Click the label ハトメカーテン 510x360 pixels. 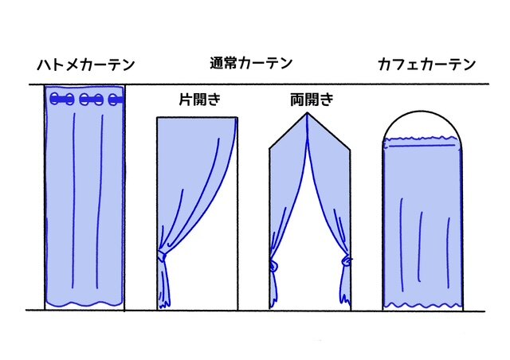pyautogui.click(x=86, y=65)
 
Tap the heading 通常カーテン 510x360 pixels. pyautogui.click(x=251, y=63)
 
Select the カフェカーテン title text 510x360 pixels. pyautogui.click(x=427, y=65)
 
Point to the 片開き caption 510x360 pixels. pyautogui.click(x=200, y=100)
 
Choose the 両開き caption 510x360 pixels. pyautogui.click(x=312, y=100)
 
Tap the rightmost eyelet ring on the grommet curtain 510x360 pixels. pyautogui.click(x=113, y=100)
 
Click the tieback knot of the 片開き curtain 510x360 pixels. pyautogui.click(x=161, y=256)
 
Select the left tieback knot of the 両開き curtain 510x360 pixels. pyautogui.click(x=273, y=266)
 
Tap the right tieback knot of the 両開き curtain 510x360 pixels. pyautogui.click(x=346, y=260)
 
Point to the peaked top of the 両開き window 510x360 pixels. pyautogui.click(x=307, y=113)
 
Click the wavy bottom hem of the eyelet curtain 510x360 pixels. pyautogui.click(x=84, y=304)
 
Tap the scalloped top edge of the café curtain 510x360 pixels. pyautogui.click(x=422, y=138)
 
